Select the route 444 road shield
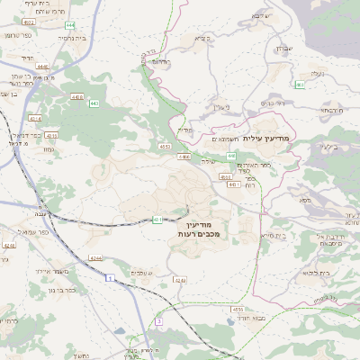(x=69, y=26)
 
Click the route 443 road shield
(x=94, y=103)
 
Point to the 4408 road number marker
(x=76, y=96)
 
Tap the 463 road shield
(x=301, y=85)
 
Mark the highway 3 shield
(x=158, y=321)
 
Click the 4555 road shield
(x=238, y=309)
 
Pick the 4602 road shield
(x=28, y=21)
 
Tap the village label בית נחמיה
(x=71, y=40)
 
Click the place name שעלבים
(x=142, y=273)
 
